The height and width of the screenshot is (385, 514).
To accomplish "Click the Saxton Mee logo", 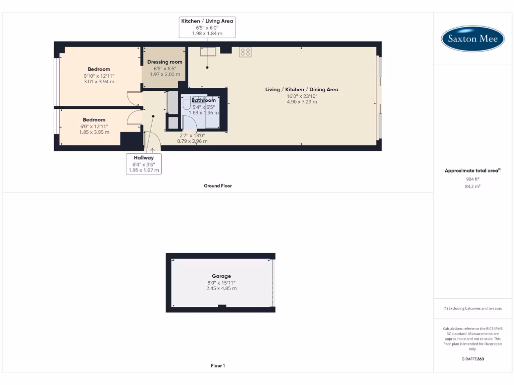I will [472, 39].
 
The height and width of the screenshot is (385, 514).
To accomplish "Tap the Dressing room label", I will [165, 62].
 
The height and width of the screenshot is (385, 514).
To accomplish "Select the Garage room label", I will [221, 276].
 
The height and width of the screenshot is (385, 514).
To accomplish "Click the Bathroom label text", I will [203, 100].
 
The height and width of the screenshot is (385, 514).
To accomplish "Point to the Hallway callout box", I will [144, 164].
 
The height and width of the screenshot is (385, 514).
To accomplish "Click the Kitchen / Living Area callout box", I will [207, 27].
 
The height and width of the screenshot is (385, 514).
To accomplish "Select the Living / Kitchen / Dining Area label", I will [302, 90].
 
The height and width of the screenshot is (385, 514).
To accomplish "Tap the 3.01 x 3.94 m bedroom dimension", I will [99, 81].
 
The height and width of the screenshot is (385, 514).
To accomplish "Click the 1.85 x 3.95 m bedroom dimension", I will [94, 132].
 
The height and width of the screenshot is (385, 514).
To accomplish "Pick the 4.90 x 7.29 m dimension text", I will [302, 102].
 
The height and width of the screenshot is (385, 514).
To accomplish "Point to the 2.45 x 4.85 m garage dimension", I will [221, 288].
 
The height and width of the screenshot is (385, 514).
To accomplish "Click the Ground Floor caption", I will [217, 186].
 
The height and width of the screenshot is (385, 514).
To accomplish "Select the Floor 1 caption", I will [217, 366].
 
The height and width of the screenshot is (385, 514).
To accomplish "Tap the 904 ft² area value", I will [472, 179].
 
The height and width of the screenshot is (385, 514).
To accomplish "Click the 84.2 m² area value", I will [472, 186].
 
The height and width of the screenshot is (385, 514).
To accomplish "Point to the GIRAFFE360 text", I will [472, 359].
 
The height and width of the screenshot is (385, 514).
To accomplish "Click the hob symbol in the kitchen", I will [245, 52].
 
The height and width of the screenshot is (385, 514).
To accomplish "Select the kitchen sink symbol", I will [207, 51].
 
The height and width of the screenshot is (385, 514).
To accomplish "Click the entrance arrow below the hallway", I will [152, 149].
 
